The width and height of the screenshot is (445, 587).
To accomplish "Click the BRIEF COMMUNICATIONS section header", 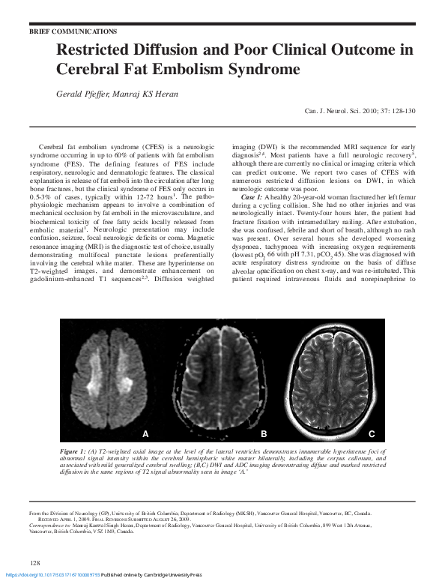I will click(x=73, y=32).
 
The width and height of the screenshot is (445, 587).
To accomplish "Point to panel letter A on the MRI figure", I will click(x=146, y=434).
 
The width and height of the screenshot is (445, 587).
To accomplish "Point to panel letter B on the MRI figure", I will click(x=264, y=434).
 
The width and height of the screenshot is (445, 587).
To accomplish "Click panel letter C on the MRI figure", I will click(x=371, y=434).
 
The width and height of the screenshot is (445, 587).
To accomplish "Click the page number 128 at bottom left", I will click(x=34, y=562).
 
